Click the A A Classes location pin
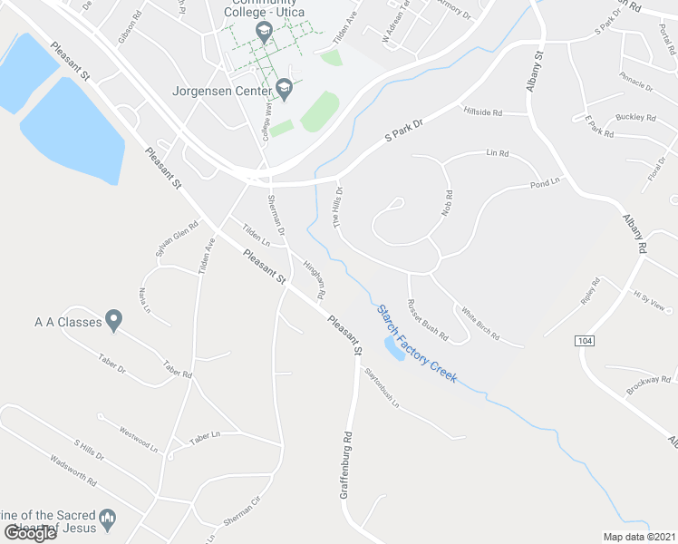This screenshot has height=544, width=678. [113, 320]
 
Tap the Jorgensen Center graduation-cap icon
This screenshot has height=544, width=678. [285, 90]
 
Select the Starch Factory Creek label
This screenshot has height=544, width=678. [417, 343]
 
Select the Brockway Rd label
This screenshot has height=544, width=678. [647, 384]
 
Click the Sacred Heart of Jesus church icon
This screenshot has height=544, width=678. [108, 520]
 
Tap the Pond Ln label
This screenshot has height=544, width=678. [546, 185]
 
